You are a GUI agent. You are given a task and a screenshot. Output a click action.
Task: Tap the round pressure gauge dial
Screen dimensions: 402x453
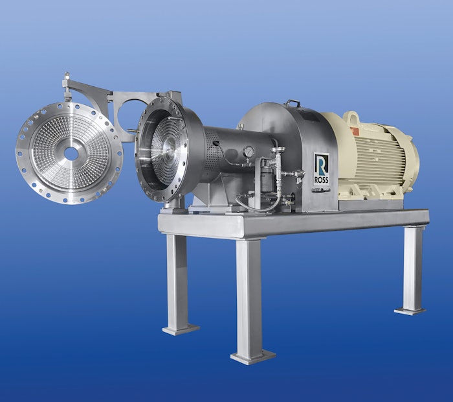tap(249, 152)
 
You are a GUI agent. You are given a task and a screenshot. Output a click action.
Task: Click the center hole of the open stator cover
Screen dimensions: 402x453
tap(71, 154)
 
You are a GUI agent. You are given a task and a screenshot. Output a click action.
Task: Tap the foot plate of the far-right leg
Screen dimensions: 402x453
tap(411, 311)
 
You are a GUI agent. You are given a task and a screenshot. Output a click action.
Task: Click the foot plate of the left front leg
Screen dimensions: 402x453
tap(180, 329)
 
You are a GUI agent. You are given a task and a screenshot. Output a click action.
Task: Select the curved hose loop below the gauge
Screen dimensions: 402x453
tap(259, 206)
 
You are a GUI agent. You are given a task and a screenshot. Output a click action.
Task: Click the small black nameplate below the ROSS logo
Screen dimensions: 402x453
tap(321, 189)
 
